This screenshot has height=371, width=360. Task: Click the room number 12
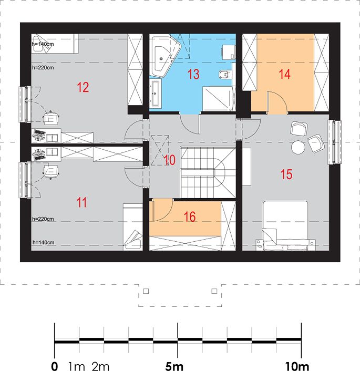(x=83, y=87)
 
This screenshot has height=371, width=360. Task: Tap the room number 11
(x=82, y=202)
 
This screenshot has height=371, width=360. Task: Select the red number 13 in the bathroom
(x=193, y=74)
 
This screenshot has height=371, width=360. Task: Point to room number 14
(x=284, y=74)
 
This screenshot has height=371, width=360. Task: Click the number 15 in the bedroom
(x=286, y=174)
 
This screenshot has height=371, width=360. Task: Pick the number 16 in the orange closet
(x=190, y=217)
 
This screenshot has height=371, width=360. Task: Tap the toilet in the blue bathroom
(x=225, y=75)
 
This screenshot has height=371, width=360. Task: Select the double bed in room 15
(x=285, y=225)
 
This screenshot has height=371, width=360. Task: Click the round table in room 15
(x=299, y=148)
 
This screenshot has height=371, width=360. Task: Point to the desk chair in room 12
(x=51, y=117)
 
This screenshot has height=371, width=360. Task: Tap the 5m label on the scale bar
(x=174, y=366)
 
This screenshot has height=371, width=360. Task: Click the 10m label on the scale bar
(x=297, y=366)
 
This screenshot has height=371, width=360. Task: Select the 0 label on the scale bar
(x=55, y=366)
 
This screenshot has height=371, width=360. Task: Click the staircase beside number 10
(x=208, y=172)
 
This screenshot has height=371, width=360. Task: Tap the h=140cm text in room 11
(x=43, y=243)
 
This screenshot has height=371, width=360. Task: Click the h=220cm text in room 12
(x=43, y=68)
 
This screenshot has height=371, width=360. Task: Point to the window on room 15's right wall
(x=334, y=142)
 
